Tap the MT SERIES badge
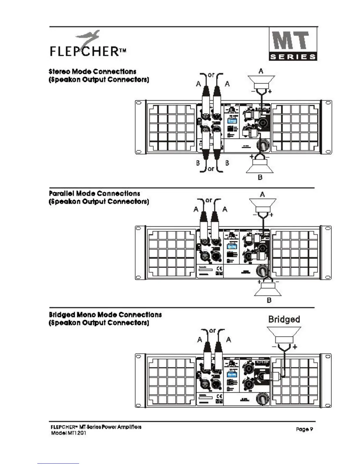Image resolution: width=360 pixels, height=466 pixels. tap(293, 44)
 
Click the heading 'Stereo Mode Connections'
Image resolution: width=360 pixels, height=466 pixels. tap(92, 71)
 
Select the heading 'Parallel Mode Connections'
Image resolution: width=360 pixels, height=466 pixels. tap(94, 194)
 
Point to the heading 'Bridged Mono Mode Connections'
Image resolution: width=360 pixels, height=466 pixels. tap(105, 315)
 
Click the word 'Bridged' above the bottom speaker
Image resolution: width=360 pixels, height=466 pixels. tap(284, 319)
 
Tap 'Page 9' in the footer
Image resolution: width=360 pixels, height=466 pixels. tap(304, 429)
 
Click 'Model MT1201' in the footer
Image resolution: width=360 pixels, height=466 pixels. tap(69, 433)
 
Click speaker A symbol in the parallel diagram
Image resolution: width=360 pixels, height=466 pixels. tap(262, 205)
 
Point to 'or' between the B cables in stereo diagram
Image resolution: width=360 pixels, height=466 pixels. tap(211, 169)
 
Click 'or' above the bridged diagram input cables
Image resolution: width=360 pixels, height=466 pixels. tap(212, 331)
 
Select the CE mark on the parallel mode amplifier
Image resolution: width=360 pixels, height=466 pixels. tap(219, 268)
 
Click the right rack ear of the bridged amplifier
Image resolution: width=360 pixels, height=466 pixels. tap(327, 381)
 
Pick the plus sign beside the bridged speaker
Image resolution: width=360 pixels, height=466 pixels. tap(295, 347)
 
